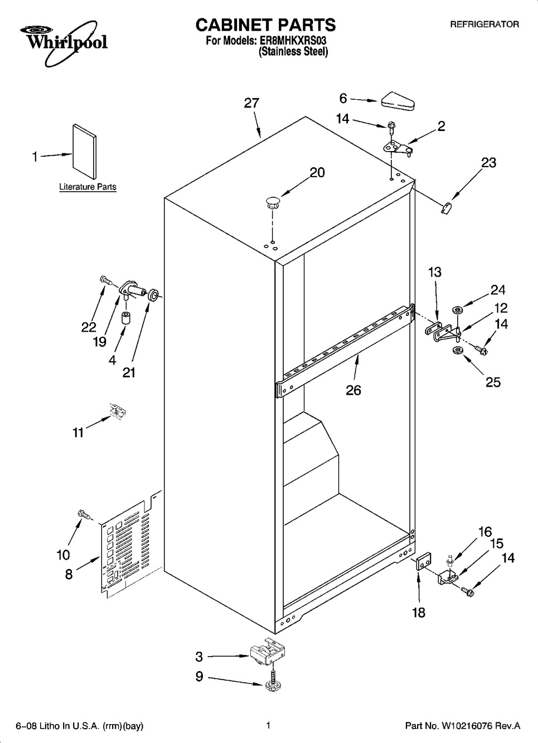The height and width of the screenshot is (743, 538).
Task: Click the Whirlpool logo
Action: (64, 43)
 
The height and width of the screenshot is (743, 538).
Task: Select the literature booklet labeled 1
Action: (85, 151)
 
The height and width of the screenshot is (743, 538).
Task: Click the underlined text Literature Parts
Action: (88, 187)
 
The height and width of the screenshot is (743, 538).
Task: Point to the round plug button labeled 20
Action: (272, 202)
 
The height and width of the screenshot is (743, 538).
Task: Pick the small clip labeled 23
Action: (446, 208)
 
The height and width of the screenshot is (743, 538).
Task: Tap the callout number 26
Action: (353, 390)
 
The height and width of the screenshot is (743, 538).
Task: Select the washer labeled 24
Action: (458, 310)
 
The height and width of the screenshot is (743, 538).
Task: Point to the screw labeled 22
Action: (106, 280)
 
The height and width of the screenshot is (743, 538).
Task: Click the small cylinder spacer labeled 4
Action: (125, 318)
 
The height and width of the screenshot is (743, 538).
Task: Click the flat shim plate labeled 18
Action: (423, 561)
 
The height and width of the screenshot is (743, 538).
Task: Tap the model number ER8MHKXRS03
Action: (292, 41)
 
